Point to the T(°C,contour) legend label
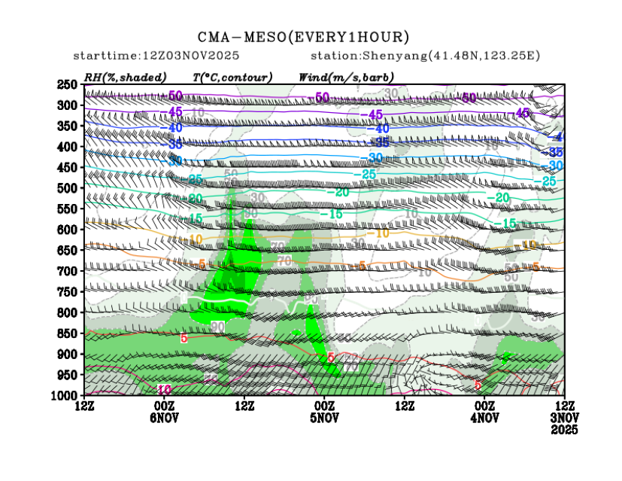232,77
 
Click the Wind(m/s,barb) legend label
346,77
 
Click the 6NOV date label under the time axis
164,418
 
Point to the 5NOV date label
324,418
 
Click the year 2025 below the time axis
565,430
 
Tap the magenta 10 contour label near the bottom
164,389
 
